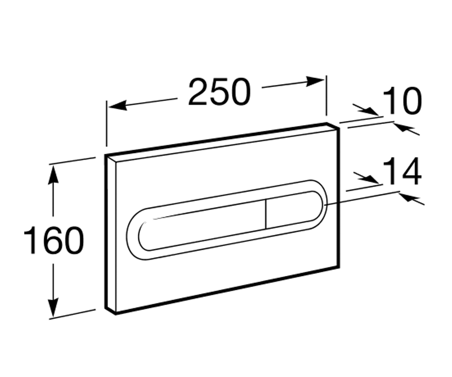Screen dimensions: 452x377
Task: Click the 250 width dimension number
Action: tap(220, 92)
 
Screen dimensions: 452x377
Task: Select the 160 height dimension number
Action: tap(54, 240)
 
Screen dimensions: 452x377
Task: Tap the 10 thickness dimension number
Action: tap(402, 101)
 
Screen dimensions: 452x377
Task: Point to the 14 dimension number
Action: tap(402, 172)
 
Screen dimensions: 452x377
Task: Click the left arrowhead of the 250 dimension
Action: tap(118, 106)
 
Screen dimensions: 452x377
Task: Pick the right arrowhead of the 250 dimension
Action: tap(315, 81)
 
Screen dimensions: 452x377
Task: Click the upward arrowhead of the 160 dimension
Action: tap(53, 175)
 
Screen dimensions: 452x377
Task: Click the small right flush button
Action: tap(294, 210)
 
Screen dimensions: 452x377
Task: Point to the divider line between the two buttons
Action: tap(266, 214)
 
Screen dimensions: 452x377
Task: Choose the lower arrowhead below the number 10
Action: tap(403, 128)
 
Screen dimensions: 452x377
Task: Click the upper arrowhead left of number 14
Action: tap(370, 179)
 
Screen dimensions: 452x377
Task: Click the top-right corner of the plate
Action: tap(339, 128)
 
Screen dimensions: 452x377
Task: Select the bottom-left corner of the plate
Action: tap(116, 314)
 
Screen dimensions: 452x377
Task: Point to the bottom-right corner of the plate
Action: tap(339, 268)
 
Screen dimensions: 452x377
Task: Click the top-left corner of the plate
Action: tap(105, 155)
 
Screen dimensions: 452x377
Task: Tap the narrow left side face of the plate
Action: tap(111, 234)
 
